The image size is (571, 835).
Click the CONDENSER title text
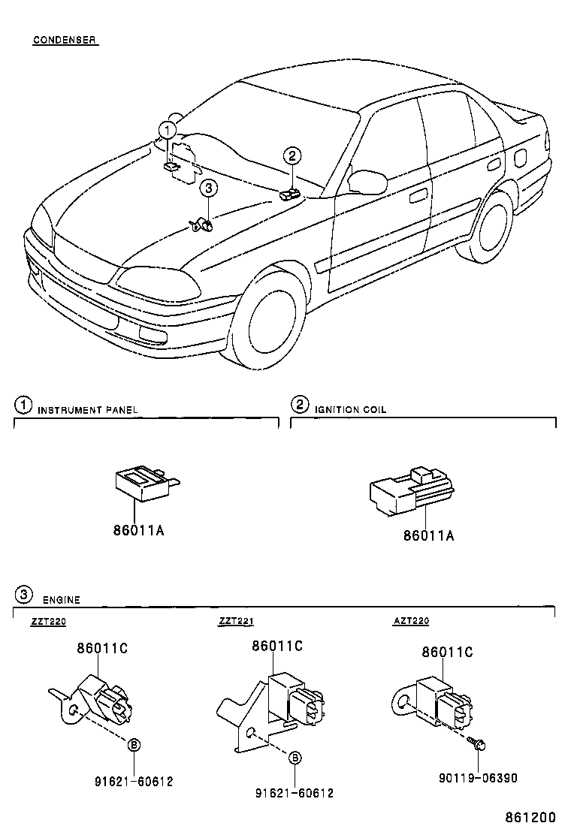[x=65, y=40]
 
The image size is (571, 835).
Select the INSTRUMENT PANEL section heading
[x=88, y=410]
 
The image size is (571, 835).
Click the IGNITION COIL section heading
[x=350, y=410]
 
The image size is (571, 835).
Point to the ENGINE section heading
[x=61, y=600]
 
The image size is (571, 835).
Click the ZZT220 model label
[x=49, y=622]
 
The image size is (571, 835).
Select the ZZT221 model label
[x=237, y=622]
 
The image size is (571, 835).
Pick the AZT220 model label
[x=411, y=622]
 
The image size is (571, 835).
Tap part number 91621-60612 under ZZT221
[x=295, y=793]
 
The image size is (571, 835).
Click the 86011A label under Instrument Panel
[x=138, y=531]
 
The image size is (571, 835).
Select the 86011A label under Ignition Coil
[x=429, y=535]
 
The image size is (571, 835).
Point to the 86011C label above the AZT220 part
[x=447, y=653]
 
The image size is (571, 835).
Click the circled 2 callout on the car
[x=292, y=156]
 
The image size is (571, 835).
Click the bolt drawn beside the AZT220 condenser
[x=478, y=743]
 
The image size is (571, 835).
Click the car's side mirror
[x=368, y=182]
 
